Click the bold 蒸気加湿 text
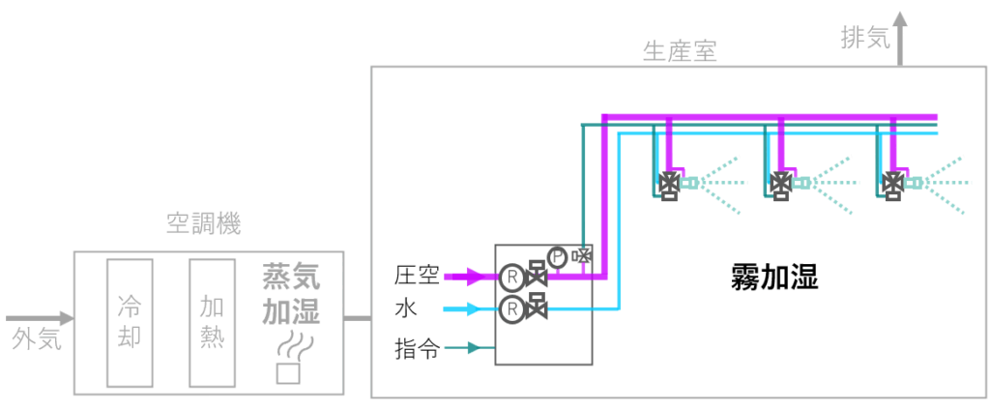click(291, 295)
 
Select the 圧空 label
click(418, 276)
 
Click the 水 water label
click(406, 309)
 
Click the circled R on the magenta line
click(511, 277)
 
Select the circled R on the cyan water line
click(511, 309)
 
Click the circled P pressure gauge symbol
click(557, 256)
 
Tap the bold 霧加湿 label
click(774, 279)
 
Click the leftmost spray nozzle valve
click(668, 183)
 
